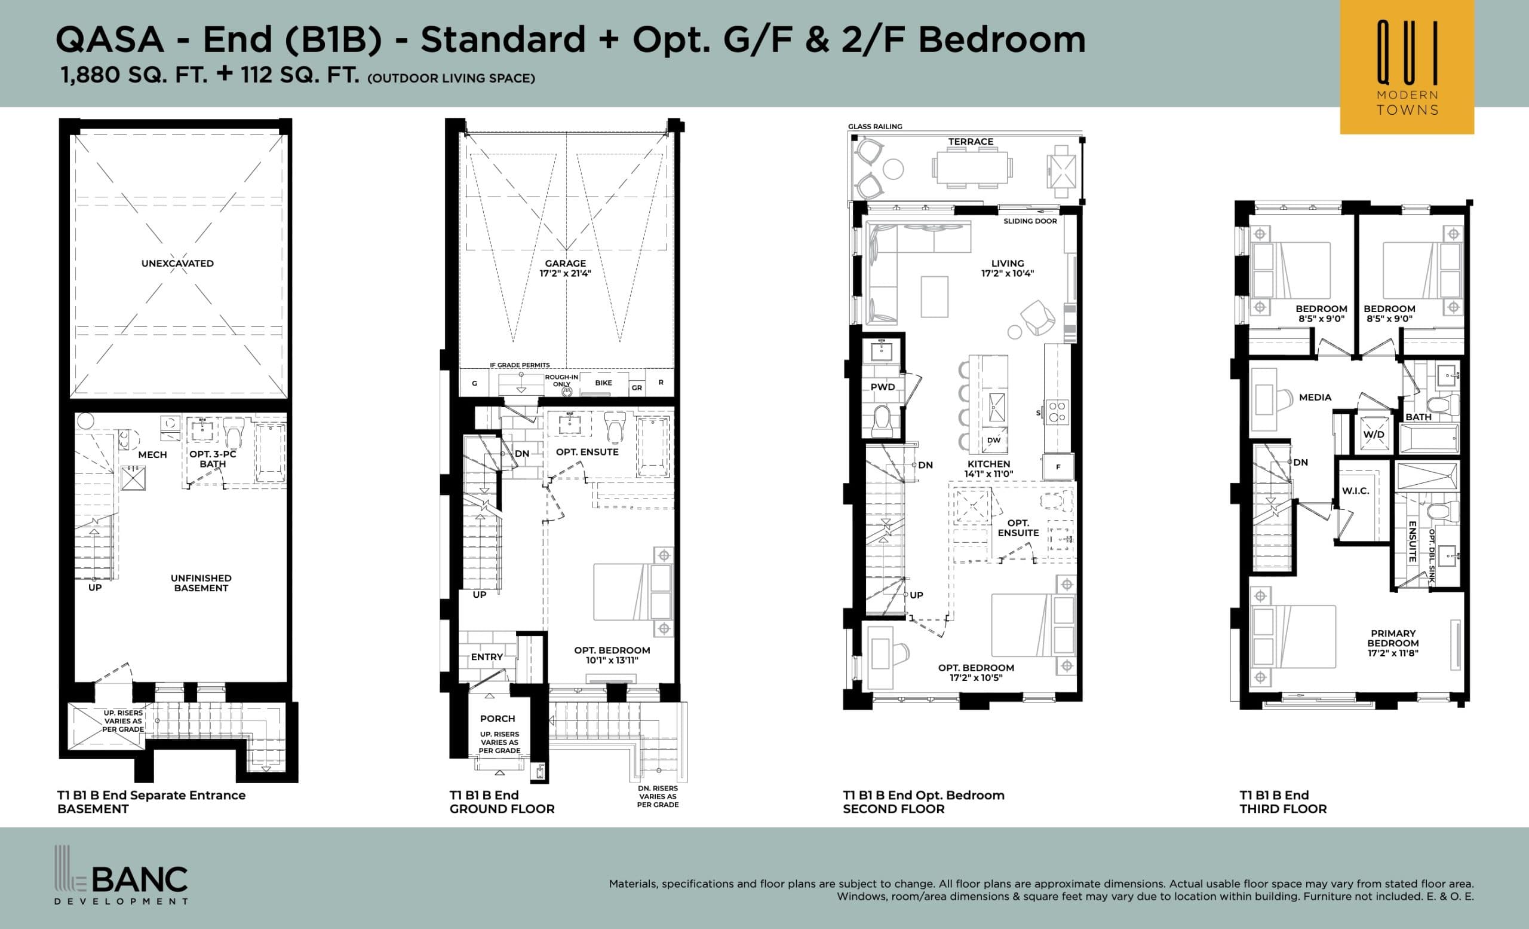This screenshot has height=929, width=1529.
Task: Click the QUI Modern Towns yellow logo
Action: pos(1407,67)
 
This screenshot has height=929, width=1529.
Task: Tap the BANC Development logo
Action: pos(122,876)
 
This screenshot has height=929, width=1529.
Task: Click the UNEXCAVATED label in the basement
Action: pos(177,263)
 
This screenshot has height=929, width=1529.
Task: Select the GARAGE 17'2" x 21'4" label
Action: pos(565,268)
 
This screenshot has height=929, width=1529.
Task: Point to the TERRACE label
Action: pos(971,142)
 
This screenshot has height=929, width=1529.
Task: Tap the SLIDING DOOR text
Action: pos(1030,221)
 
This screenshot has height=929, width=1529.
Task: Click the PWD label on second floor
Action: pos(882,387)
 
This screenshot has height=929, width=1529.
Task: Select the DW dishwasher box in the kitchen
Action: pos(994,440)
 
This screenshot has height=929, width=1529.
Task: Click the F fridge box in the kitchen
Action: pos(1058,467)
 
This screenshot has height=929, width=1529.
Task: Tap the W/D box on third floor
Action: pos(1374,435)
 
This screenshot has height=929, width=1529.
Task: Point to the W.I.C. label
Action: pos(1355,491)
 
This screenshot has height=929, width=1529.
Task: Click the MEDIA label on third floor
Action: pos(1315,398)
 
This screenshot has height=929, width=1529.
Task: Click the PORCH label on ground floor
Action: pos(497,719)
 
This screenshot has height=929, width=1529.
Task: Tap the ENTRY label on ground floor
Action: pos(487,657)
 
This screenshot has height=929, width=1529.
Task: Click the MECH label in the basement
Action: pos(153,454)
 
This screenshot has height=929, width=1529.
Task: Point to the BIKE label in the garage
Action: pos(603,383)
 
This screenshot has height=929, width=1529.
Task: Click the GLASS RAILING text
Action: pos(875,127)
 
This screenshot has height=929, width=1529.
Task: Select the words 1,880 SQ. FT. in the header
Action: pos(134,75)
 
